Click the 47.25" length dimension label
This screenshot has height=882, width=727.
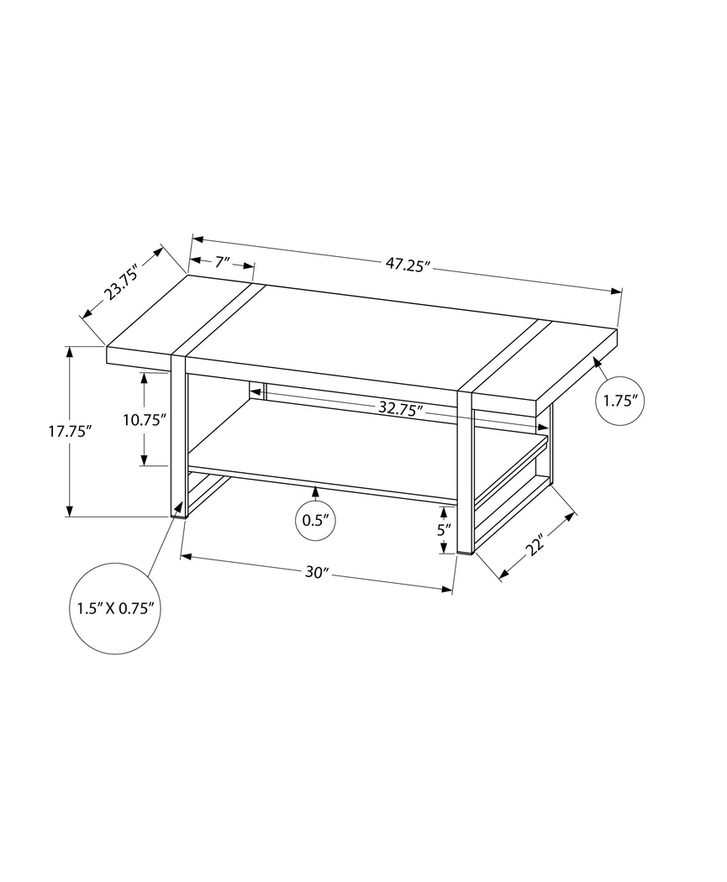(x=408, y=265)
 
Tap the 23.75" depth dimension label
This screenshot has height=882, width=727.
(x=121, y=282)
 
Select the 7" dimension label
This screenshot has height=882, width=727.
(x=221, y=262)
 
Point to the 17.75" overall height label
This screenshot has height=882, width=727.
(x=69, y=431)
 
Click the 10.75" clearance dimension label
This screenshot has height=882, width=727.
(x=145, y=419)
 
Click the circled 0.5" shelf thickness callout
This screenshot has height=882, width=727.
(x=316, y=520)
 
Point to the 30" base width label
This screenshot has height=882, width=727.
(x=315, y=573)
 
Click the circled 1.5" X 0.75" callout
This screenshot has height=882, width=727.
(x=113, y=608)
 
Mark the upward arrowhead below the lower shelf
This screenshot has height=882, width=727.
(x=316, y=491)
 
